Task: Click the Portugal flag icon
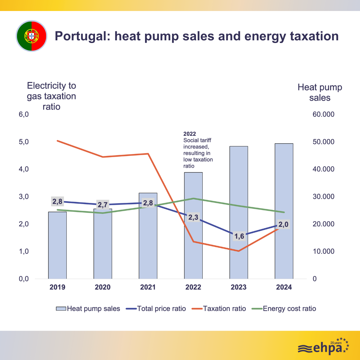(32, 36)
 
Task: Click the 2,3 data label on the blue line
(193, 218)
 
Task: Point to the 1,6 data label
(239, 237)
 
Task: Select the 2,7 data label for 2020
(103, 205)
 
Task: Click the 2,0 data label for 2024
(283, 225)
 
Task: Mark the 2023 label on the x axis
(239, 287)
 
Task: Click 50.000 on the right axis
(323, 142)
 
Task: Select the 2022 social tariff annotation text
(198, 150)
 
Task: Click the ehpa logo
(323, 347)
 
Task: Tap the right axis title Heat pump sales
(320, 92)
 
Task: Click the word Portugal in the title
(82, 36)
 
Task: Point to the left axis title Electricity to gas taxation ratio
(51, 96)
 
